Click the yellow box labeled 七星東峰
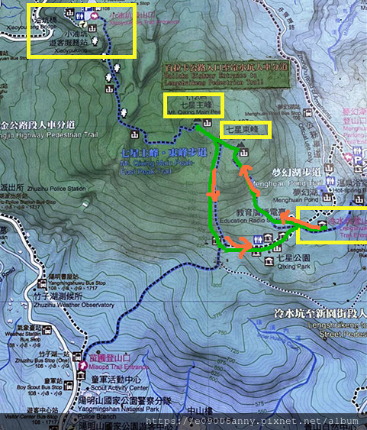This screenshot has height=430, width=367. [246, 130]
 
